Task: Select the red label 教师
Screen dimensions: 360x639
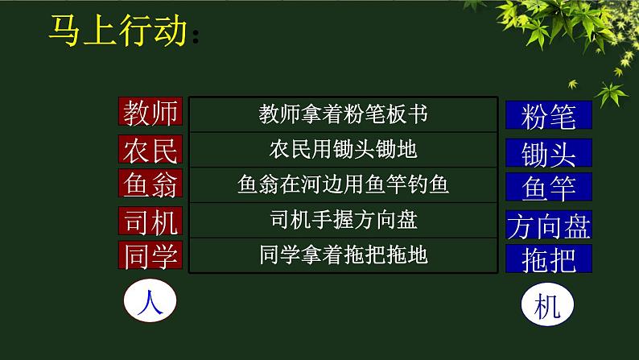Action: pyautogui.click(x=150, y=113)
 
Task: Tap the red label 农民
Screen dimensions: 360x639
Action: pyautogui.click(x=150, y=150)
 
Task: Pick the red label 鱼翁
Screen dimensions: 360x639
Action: pyautogui.click(x=150, y=184)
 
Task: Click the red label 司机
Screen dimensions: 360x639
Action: pyautogui.click(x=150, y=220)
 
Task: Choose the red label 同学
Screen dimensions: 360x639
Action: pyautogui.click(x=150, y=255)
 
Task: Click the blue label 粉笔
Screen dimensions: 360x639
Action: pyautogui.click(x=548, y=116)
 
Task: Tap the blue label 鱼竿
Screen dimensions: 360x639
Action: pyautogui.click(x=548, y=188)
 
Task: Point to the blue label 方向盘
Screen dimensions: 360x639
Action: pyautogui.click(x=548, y=226)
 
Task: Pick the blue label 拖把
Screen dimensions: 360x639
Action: pyautogui.click(x=548, y=259)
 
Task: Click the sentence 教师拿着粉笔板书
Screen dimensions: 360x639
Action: pyautogui.click(x=343, y=114)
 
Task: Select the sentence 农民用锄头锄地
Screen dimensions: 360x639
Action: pyautogui.click(x=343, y=149)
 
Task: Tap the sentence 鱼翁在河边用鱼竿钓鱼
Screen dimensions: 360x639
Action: pyautogui.click(x=343, y=184)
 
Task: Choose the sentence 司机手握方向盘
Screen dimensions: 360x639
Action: pyautogui.click(x=343, y=219)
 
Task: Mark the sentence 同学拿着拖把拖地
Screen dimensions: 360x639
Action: pyautogui.click(x=343, y=255)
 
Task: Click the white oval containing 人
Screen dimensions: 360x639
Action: pyautogui.click(x=150, y=304)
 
